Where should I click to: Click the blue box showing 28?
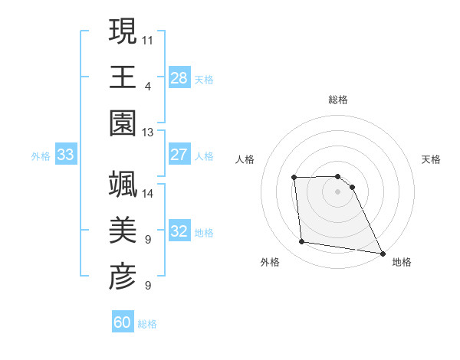click(179, 77)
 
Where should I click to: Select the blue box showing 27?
click(179, 155)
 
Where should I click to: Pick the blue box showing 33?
click(66, 155)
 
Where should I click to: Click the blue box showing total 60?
click(123, 322)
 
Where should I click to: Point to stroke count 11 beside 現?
click(148, 38)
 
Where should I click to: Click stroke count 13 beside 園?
click(148, 133)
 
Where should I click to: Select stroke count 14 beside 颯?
click(148, 194)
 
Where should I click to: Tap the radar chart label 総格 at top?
click(338, 100)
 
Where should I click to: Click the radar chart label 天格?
click(432, 159)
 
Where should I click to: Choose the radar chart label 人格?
click(245, 159)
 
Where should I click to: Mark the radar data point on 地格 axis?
click(382, 253)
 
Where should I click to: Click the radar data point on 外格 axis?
click(302, 242)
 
